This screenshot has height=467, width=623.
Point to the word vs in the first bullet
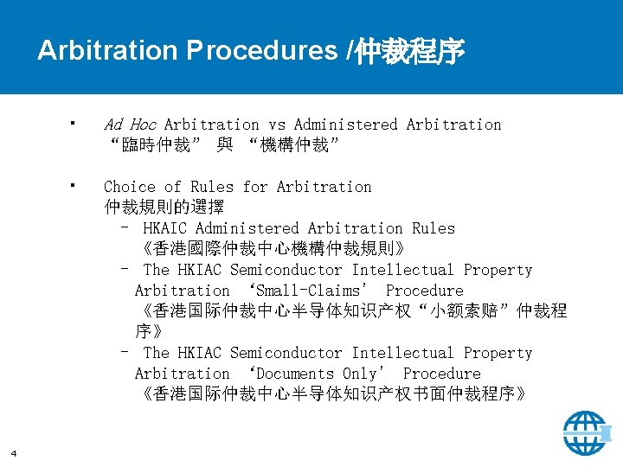(276, 125)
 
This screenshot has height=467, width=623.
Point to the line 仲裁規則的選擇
(164, 208)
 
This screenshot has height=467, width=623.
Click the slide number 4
(14, 451)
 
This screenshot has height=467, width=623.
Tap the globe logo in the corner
(586, 432)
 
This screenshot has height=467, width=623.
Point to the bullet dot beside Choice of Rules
(76, 184)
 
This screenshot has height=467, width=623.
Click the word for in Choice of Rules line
(255, 187)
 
